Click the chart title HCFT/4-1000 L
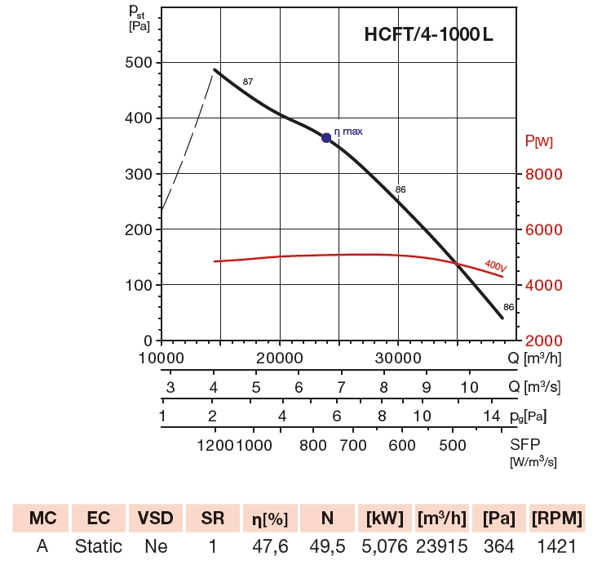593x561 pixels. tap(428, 35)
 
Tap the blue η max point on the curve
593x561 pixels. tap(326, 137)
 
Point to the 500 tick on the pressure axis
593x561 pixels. tap(140, 63)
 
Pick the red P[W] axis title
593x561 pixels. tap(539, 142)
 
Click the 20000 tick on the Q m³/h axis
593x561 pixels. tap(280, 358)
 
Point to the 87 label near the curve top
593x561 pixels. tap(248, 82)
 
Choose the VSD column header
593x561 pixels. tap(154, 519)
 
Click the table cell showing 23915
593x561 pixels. tap(443, 545)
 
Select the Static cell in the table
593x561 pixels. tap(99, 545)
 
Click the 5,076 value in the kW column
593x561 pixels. tap(384, 545)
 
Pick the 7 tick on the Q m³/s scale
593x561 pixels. tap(341, 387)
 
